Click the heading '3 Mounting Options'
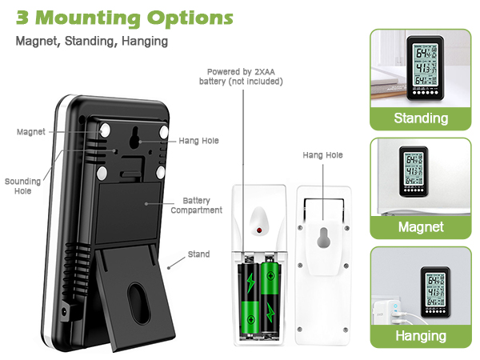point(125,17)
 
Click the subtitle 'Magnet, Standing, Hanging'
point(92,41)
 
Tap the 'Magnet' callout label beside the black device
point(30,131)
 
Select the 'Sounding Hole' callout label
point(22,186)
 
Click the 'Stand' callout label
point(198,254)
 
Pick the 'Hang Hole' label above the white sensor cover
point(322,155)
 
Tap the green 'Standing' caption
point(420,118)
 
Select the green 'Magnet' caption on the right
point(420,227)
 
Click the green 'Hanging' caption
point(420,335)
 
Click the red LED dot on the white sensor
point(260,231)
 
